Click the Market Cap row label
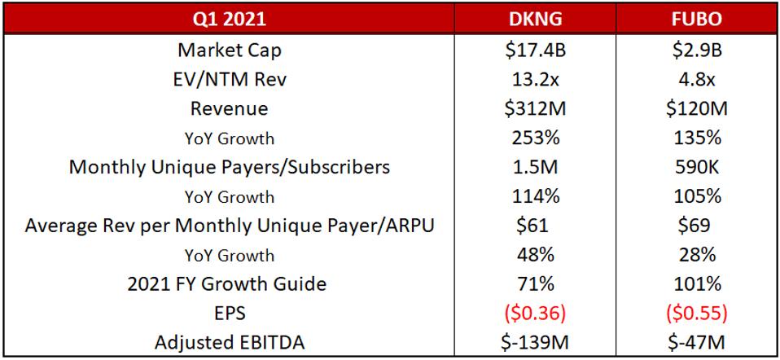pos(229,50)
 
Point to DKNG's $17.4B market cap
pos(532,50)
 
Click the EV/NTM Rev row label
pos(229,79)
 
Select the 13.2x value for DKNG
pos(532,79)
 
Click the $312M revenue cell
pos(532,108)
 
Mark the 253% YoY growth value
pos(532,138)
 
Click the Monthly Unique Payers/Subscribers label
pos(229,167)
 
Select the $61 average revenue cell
pos(532,226)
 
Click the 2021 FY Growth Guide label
pos(229,284)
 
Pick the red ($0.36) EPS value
pos(532,314)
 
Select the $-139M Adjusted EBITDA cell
pos(532,343)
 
